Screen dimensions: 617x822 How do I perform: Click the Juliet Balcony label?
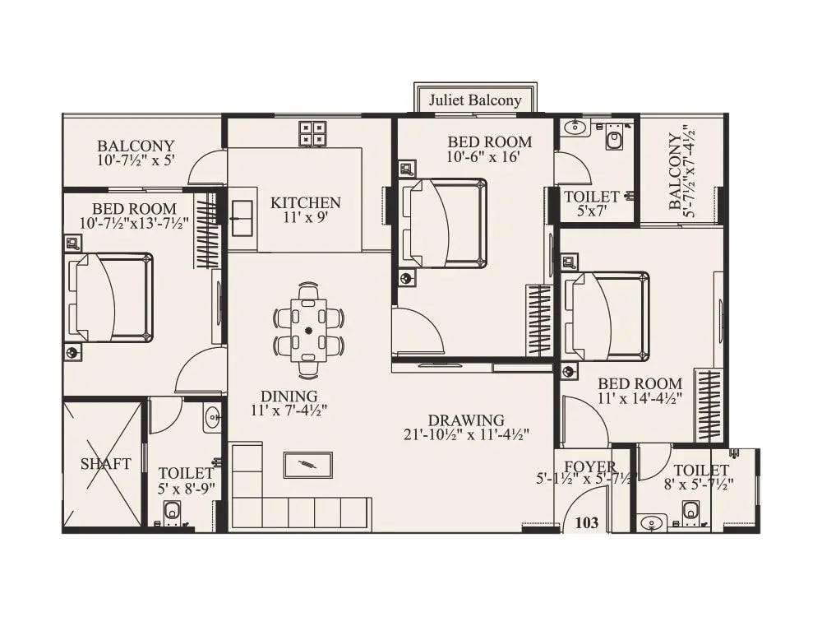[x=475, y=100]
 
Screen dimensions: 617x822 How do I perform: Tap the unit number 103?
[x=586, y=522]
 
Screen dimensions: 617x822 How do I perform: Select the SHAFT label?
[x=105, y=464]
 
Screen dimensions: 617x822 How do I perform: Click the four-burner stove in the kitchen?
[x=312, y=133]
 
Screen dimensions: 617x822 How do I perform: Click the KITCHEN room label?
[x=306, y=202]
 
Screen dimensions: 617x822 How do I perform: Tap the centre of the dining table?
[x=309, y=331]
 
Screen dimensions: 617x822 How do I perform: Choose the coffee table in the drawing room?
[x=307, y=465]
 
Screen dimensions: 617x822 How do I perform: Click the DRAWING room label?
[x=467, y=420]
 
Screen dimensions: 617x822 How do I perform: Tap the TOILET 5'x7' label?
[x=591, y=197]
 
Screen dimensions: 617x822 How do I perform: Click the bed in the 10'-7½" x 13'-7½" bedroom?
[x=110, y=297]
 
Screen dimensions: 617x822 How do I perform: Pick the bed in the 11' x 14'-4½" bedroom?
[x=607, y=316]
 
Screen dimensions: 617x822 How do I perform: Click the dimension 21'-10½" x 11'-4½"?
[x=467, y=434]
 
